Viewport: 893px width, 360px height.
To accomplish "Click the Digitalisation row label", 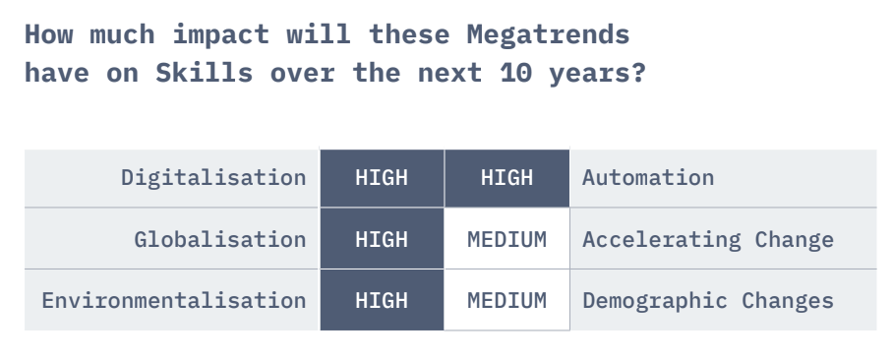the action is (x=213, y=178).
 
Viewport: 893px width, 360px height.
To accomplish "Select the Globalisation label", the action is (x=220, y=239).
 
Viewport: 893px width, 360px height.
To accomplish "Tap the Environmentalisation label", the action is (x=174, y=300).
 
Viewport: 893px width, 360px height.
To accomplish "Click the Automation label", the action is (x=648, y=178).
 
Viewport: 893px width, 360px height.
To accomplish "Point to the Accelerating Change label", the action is (x=708, y=240).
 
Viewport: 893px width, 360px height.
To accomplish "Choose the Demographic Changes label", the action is (x=708, y=301).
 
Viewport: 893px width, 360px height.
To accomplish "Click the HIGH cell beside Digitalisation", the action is (x=382, y=178).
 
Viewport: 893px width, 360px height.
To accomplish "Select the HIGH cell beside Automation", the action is (x=506, y=178).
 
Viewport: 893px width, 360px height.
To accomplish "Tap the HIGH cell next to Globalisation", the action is (x=382, y=239).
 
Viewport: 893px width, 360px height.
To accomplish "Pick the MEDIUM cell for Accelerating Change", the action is (x=506, y=239).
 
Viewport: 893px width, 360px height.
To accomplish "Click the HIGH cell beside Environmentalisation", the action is (x=382, y=300).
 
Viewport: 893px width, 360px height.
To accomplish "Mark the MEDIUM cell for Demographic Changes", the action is (x=506, y=300).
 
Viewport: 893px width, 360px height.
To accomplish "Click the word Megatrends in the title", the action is (x=549, y=35).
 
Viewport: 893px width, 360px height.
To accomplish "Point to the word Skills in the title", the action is (x=204, y=73).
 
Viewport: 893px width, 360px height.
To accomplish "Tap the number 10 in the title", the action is (x=516, y=73).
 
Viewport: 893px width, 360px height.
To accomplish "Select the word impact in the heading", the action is (x=220, y=35).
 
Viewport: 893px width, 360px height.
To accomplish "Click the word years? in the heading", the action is (x=597, y=74).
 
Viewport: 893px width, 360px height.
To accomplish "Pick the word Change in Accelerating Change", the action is (x=794, y=240).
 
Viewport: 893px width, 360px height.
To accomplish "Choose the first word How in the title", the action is (x=48, y=34).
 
